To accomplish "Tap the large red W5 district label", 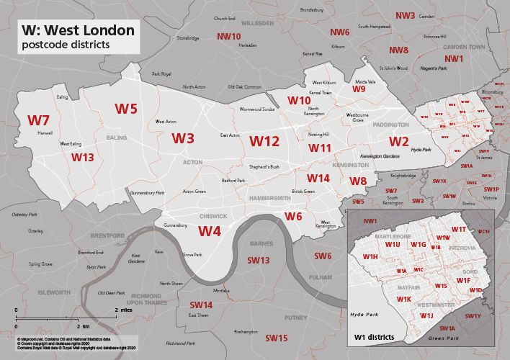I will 126,109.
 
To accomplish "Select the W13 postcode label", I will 83,157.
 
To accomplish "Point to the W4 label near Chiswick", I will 210,231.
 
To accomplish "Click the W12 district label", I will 264,141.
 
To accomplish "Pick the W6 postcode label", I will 293,216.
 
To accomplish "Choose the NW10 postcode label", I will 229,36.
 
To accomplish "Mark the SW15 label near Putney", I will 276,338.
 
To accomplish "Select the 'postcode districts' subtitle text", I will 66,45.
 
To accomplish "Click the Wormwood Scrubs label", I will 257,109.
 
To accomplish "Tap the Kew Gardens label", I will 135,258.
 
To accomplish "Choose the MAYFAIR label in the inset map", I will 388,287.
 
